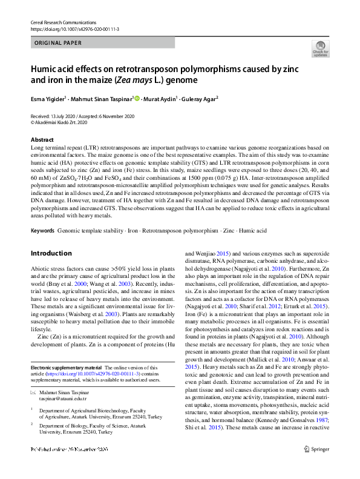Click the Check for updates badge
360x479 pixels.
[x=320, y=48]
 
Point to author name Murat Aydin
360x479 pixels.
[x=160, y=98]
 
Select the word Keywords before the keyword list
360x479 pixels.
[x=42, y=214]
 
